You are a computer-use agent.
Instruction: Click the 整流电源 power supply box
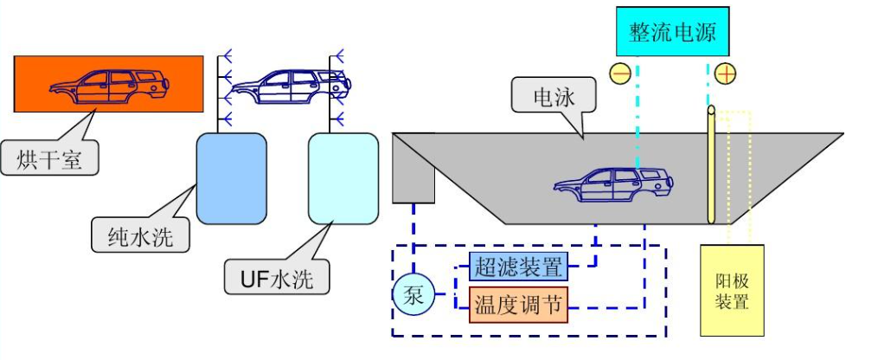[x=673, y=33]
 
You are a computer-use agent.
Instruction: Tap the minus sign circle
[x=620, y=74]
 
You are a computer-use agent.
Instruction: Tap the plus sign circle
[x=725, y=74]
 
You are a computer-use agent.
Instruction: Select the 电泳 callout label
[x=554, y=95]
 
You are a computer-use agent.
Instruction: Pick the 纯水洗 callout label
[x=133, y=235]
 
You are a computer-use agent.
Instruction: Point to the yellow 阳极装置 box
[x=732, y=291]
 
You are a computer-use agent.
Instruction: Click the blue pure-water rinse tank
[x=229, y=177]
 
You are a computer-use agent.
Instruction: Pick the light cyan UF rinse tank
[x=343, y=177]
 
